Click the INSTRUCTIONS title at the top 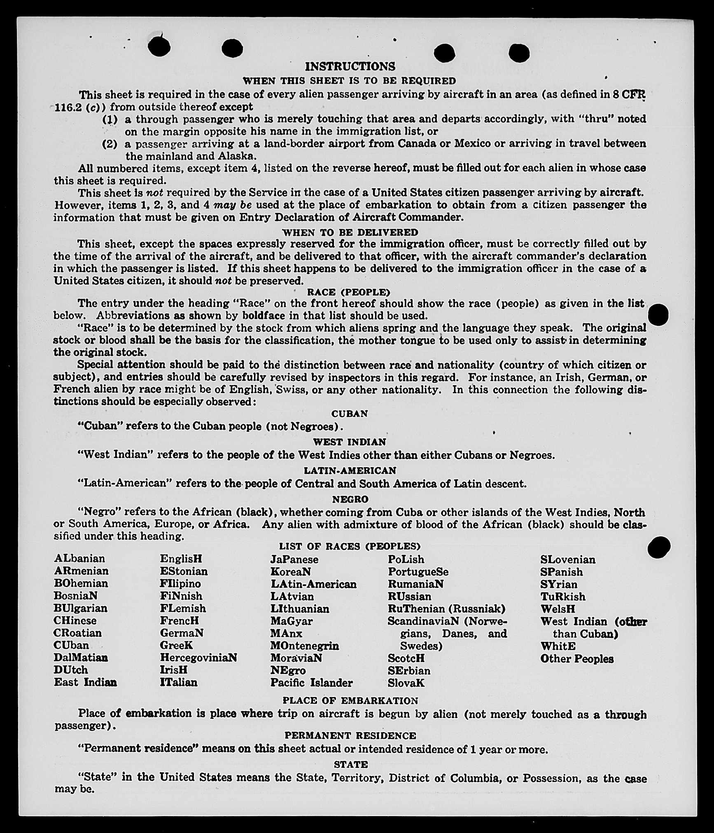pos(350,66)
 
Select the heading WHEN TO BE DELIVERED pos(350,232)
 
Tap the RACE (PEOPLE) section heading pos(348,292)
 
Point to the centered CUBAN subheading pos(350,414)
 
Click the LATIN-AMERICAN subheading pos(350,470)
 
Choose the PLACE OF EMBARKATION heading pos(350,701)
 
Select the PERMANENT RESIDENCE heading pos(350,736)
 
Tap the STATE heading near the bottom pos(350,765)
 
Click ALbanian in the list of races pos(79,559)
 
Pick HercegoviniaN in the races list pos(198,658)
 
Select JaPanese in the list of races pos(294,559)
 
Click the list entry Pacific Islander pos(311,683)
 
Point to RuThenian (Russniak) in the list pos(446,608)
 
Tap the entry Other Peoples pos(577,659)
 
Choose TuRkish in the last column pos(563,597)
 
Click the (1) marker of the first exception pos(110,119)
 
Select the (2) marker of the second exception pos(110,144)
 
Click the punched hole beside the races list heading pos(659,547)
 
